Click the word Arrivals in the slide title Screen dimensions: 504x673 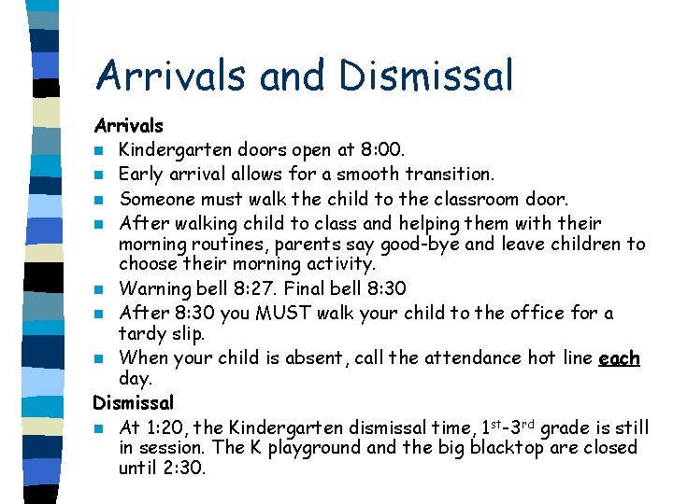175,77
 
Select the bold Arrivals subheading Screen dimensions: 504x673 128,125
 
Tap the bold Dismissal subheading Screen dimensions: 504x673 134,403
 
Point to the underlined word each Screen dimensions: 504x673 619,357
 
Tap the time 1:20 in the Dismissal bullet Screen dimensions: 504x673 168,428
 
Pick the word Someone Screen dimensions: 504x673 157,199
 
